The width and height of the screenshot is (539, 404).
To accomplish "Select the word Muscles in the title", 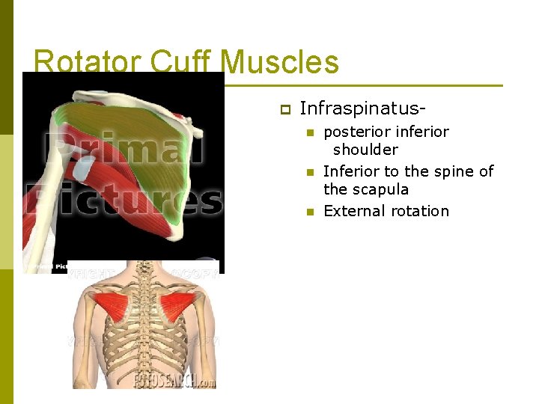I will click(282, 62).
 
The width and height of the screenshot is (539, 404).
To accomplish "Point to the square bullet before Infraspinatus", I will click(284, 109).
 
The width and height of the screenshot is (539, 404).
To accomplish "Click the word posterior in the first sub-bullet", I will click(356, 132).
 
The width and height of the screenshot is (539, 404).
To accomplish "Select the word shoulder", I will click(365, 150).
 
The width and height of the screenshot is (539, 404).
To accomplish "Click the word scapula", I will click(380, 189).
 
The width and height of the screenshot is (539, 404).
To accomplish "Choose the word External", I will click(353, 211).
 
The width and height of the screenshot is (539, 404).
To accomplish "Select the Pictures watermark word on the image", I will click(124, 199).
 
